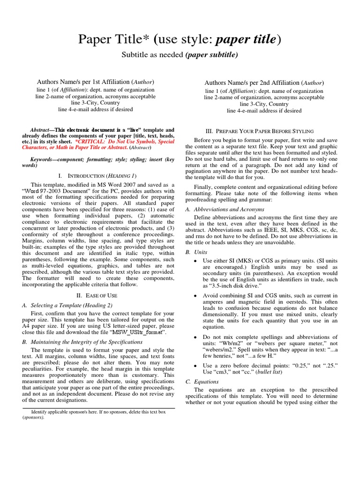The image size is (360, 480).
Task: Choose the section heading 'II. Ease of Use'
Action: [96, 295]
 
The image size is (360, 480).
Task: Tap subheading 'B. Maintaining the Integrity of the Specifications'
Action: [82, 342]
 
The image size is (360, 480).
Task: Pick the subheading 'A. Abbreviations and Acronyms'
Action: [225, 209]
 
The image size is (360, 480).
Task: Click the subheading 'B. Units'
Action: [196, 252]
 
